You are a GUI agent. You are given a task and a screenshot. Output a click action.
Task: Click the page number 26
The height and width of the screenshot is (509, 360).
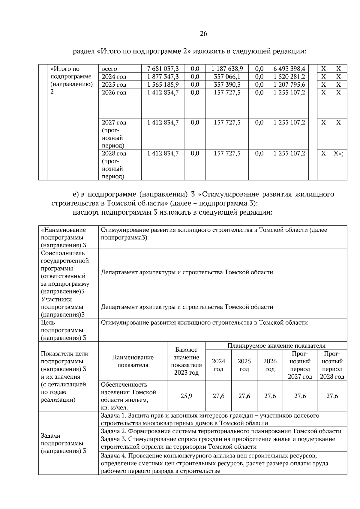click(203, 34)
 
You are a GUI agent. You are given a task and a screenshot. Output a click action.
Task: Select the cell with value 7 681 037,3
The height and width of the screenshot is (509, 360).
click(163, 69)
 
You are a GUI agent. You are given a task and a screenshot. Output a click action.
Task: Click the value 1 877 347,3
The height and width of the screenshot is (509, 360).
click(163, 76)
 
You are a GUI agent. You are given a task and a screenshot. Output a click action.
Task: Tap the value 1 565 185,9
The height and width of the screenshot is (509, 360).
click(163, 85)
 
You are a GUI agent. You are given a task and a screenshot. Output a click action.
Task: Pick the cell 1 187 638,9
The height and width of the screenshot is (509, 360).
click(227, 69)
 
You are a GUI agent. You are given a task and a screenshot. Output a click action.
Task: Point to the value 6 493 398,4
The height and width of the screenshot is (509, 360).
click(289, 69)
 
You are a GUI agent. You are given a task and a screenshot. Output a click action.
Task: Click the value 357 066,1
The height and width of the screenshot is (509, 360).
click(227, 76)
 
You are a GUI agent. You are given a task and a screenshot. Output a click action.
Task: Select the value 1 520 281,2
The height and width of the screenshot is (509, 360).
click(289, 76)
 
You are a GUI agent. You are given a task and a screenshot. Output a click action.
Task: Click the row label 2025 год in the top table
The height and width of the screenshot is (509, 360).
click(114, 85)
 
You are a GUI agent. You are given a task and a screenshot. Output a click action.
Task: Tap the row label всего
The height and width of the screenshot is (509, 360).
click(109, 69)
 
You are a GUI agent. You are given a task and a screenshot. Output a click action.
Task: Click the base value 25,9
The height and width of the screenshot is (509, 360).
click(186, 396)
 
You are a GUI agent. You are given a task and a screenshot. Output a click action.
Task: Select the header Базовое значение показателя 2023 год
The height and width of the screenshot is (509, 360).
click(186, 361)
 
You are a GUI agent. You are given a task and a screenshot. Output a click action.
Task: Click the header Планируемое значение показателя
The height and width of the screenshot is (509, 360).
click(276, 346)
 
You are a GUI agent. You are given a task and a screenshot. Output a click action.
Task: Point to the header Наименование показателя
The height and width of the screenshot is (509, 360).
click(133, 361)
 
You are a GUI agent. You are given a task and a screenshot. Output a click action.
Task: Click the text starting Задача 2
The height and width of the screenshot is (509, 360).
click(221, 431)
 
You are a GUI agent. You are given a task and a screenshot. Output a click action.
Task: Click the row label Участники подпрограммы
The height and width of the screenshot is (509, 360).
click(63, 307)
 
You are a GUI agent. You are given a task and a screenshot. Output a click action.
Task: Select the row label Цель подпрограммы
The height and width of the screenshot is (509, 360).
click(63, 330)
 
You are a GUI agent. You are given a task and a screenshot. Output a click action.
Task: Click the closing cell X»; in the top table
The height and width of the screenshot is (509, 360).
click(338, 153)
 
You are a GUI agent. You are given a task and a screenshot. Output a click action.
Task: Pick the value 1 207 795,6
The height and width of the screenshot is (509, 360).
click(289, 85)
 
